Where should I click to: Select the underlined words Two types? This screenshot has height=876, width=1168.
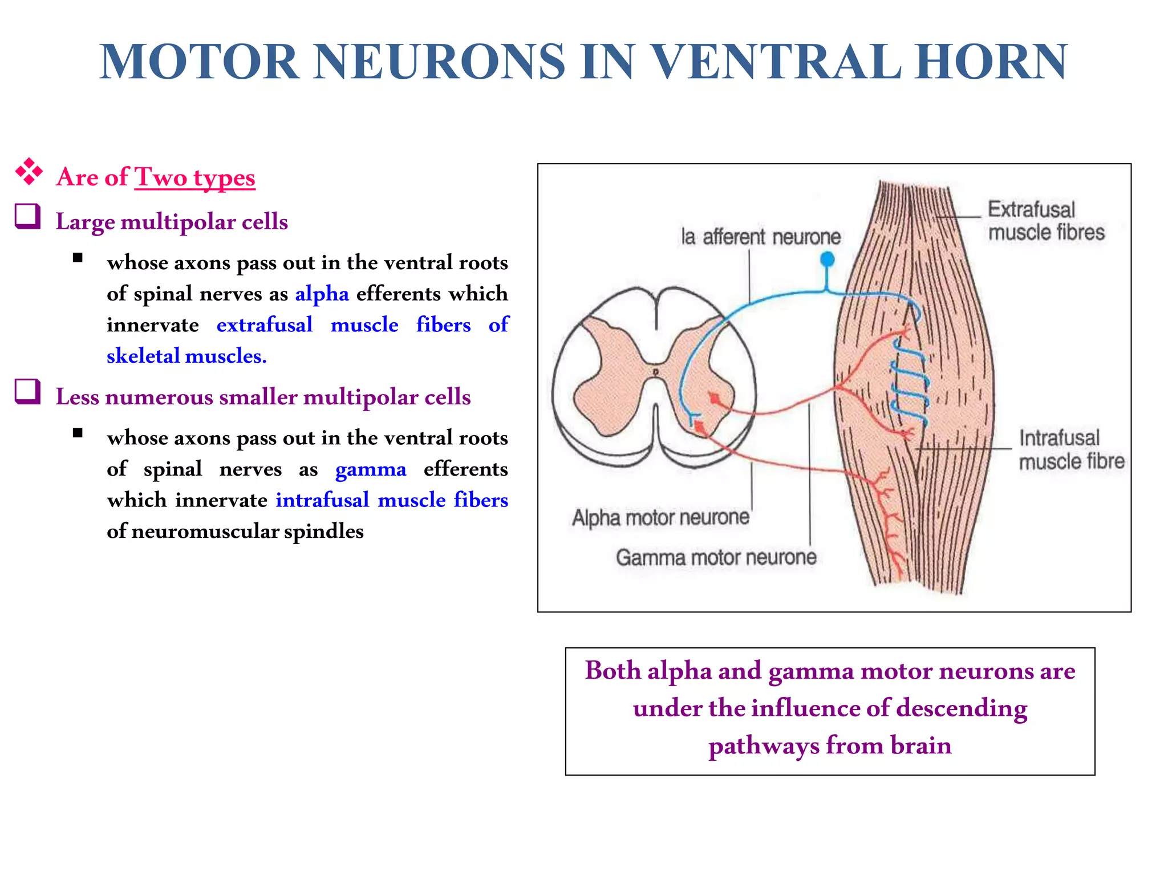(195, 177)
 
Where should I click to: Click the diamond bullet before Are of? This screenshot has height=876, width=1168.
(29, 172)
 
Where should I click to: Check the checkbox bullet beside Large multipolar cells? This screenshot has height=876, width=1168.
(27, 217)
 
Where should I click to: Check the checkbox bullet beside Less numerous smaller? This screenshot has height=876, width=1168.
(27, 392)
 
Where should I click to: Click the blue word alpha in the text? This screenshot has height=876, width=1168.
(322, 294)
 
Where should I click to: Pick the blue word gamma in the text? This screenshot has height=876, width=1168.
(371, 469)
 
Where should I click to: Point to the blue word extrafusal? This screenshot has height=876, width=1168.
(265, 325)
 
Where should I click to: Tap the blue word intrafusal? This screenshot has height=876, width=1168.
(323, 500)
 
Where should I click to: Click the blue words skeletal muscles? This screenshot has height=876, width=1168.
(186, 356)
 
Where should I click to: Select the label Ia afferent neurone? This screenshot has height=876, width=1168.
(761, 237)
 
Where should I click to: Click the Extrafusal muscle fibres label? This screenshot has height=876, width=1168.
(1046, 221)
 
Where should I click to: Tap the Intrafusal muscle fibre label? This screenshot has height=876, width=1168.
(1071, 450)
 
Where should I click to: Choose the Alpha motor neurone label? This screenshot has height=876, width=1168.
(660, 518)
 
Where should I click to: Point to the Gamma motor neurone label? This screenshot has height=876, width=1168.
(716, 557)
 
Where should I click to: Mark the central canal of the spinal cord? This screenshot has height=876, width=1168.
(656, 372)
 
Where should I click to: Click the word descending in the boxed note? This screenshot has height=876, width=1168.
(962, 709)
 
